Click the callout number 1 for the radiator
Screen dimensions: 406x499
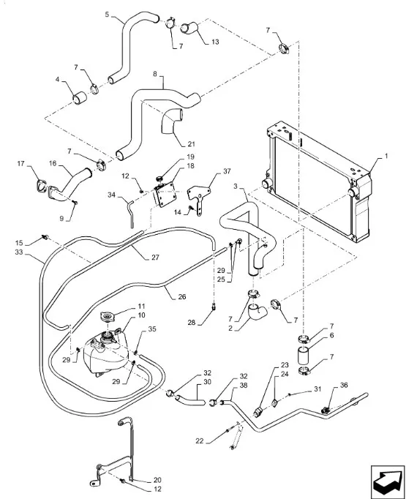[x=386, y=156]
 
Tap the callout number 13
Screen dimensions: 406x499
[x=215, y=42]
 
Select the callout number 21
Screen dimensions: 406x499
[x=191, y=144]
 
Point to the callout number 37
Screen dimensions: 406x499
[x=227, y=171]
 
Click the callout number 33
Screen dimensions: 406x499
[x=19, y=252]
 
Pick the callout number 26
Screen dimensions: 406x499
[x=181, y=296]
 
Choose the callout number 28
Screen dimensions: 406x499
[x=191, y=323]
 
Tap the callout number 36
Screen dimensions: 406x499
[x=344, y=385]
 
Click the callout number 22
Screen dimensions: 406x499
[x=200, y=440]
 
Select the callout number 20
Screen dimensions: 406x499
[x=157, y=480]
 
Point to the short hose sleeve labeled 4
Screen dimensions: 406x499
[x=80, y=98]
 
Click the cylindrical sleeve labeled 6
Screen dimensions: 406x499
[x=304, y=356]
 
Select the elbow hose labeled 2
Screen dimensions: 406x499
[x=257, y=312]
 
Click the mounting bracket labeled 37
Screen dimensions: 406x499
[x=200, y=197]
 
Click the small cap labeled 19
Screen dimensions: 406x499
[x=161, y=178]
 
